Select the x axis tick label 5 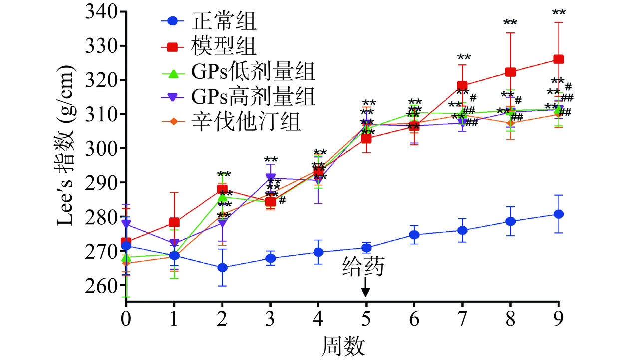pos(366,318)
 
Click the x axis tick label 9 pos(559,318)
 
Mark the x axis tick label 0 pos(125,318)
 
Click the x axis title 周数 pos(342,344)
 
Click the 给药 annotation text pos(364,268)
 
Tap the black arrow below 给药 pos(366,289)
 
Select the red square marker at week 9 pos(559,59)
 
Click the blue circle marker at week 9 pos(559,214)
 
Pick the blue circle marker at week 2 pos(222,268)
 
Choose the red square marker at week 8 pos(510,72)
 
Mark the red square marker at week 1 pos(174,222)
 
